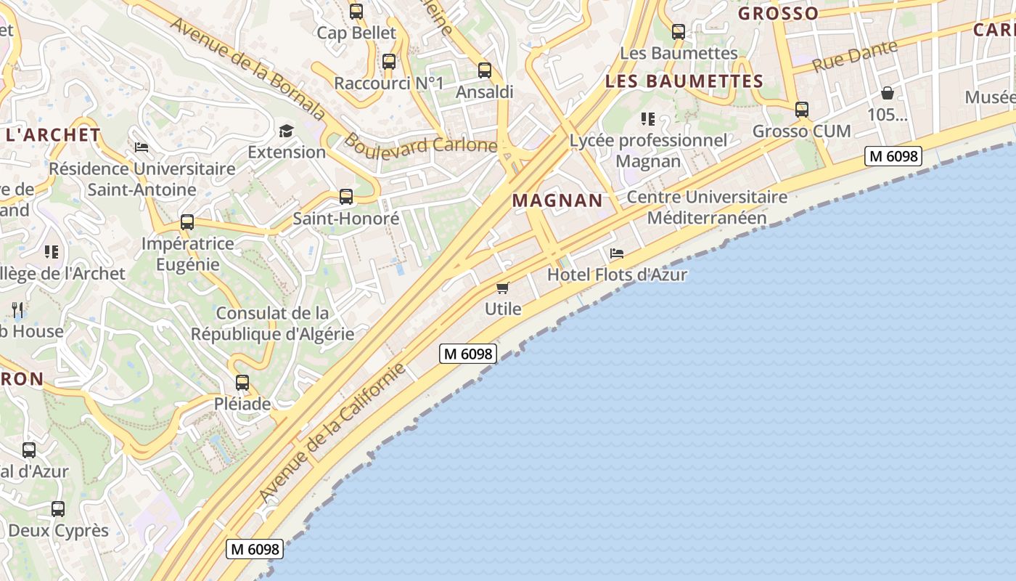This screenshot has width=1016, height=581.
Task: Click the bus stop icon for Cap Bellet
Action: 356,12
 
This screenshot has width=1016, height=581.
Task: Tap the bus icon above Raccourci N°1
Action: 389,62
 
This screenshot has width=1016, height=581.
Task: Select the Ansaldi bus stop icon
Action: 485,70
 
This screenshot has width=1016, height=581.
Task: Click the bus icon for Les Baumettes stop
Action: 679,32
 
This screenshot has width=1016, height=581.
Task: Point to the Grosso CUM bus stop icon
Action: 802,110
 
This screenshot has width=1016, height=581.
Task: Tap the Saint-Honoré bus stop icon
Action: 346,197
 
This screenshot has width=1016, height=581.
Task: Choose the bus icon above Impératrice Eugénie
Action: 187,222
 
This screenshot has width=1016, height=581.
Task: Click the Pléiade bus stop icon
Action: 242,383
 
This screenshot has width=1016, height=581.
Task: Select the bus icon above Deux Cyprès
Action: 58,509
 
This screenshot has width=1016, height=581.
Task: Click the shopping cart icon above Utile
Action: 503,288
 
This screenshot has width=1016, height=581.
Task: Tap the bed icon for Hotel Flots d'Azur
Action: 617,253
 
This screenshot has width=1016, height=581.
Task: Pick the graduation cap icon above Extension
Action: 287,131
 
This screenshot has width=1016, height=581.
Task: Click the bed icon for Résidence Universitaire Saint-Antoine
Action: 142,147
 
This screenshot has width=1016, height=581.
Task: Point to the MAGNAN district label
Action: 557,200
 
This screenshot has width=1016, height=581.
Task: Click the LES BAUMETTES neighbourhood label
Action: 684,81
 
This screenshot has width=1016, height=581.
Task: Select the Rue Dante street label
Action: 854,56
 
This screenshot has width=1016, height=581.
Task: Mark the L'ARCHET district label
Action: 53,134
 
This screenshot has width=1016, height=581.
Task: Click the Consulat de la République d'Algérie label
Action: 272,324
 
